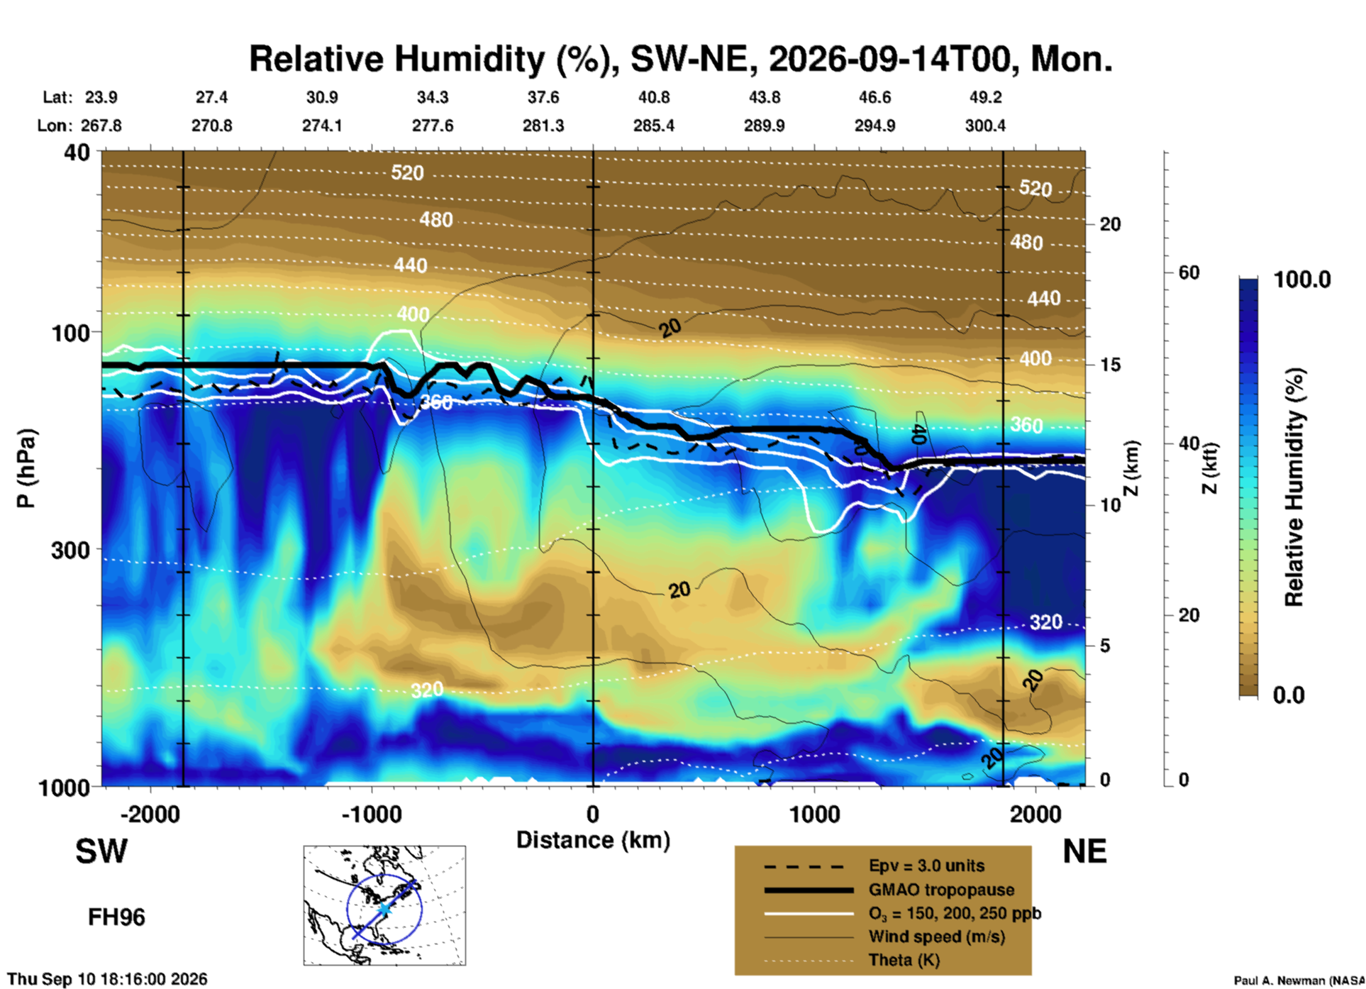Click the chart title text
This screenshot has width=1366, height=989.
coord(680,59)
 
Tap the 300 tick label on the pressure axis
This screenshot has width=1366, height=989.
coord(71,550)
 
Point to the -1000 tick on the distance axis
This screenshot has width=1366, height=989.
coord(372,814)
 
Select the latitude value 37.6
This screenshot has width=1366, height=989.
coord(543,97)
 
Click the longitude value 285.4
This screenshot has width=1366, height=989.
coord(654,126)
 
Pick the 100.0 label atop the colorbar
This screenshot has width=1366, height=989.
coord(1302,280)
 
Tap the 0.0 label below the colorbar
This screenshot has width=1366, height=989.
coord(1289,695)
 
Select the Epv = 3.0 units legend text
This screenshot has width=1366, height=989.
coord(926,866)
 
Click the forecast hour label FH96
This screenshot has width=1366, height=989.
coord(116,917)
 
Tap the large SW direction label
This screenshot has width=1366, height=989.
coord(101,851)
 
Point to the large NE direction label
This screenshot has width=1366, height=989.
coord(1084,851)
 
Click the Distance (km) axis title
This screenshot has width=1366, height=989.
coord(593,840)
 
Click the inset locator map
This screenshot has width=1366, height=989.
coord(384,905)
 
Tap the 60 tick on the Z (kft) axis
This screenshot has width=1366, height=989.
coord(1189,272)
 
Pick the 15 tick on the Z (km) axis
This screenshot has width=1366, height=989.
coord(1110,365)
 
